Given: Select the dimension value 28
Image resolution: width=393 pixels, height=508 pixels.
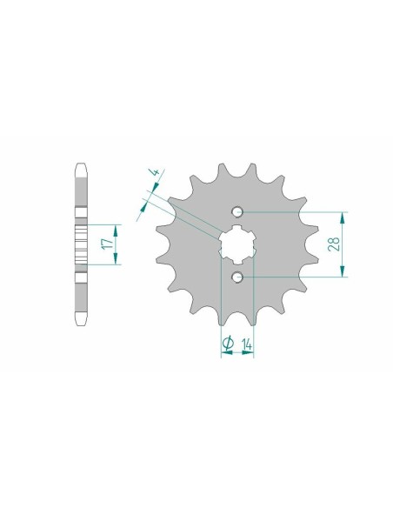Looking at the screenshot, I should [357, 244].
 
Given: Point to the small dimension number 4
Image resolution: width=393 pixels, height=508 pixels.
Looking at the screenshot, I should [155, 173].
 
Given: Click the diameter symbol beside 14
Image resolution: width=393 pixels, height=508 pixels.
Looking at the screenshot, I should [227, 344].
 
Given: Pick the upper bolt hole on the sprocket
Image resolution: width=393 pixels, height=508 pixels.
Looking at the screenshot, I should [237, 212].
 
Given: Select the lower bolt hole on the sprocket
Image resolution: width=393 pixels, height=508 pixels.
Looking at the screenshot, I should [237, 277].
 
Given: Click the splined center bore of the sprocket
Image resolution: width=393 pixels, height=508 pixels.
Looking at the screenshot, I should [237, 244].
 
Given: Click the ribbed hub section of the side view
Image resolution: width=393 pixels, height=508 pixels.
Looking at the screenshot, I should [81, 244].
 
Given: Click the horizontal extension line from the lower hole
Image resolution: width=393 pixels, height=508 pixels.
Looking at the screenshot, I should [296, 277].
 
